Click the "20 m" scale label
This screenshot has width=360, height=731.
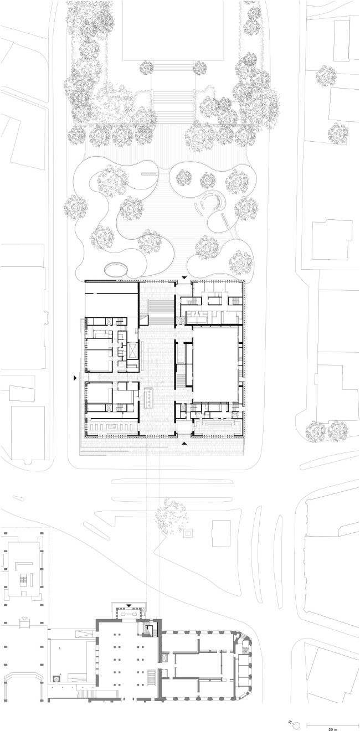pos(332,728)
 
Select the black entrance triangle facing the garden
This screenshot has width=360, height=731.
pos(185,277)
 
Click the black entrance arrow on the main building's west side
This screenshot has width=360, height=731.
pos(75,378)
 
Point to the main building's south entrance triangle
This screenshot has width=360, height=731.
pos(184,443)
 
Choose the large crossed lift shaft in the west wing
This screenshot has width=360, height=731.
pos(133,351)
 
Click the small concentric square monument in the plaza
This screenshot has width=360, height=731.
pos(188,533)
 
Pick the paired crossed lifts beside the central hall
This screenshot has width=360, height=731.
pos(179,321)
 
